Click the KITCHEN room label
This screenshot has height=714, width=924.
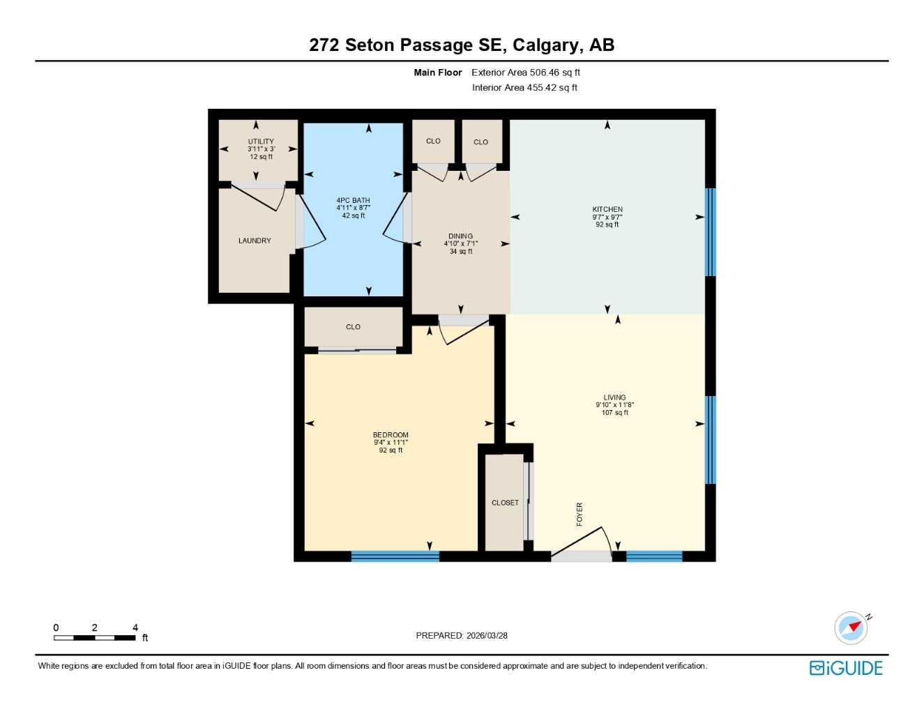(607, 209)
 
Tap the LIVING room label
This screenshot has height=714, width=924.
(614, 397)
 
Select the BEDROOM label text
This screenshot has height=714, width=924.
(391, 435)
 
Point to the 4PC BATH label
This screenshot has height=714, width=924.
(353, 200)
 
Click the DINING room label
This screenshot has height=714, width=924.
(460, 236)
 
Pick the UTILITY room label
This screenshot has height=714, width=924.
(261, 142)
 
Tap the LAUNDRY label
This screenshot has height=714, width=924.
(255, 241)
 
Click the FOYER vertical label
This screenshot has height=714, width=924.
(580, 515)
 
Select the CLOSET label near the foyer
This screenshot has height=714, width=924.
(505, 503)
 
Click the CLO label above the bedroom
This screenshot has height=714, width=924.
(353, 327)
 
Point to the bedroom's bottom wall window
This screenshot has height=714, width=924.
(395, 556)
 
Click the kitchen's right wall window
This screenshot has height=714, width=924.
(710, 232)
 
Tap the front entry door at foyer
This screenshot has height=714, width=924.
(581, 556)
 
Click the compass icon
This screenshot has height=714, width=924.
(851, 628)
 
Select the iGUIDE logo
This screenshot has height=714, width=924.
(846, 668)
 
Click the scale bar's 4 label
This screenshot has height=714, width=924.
(135, 628)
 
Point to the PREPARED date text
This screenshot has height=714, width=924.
(462, 635)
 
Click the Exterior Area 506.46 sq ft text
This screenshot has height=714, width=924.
(526, 73)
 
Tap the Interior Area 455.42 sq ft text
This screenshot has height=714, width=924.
(524, 88)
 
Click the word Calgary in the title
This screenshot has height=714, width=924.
(545, 45)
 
